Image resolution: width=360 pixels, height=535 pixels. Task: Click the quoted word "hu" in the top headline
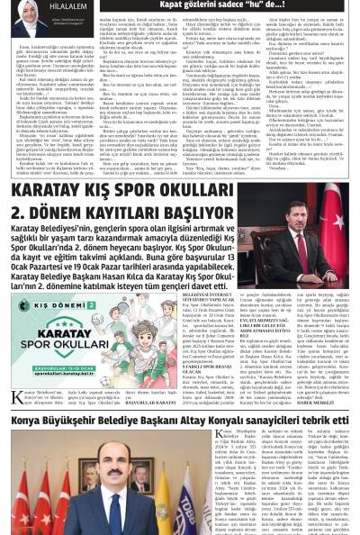[x=273, y=5]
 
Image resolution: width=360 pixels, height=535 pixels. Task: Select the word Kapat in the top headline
[x=175, y=5]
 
